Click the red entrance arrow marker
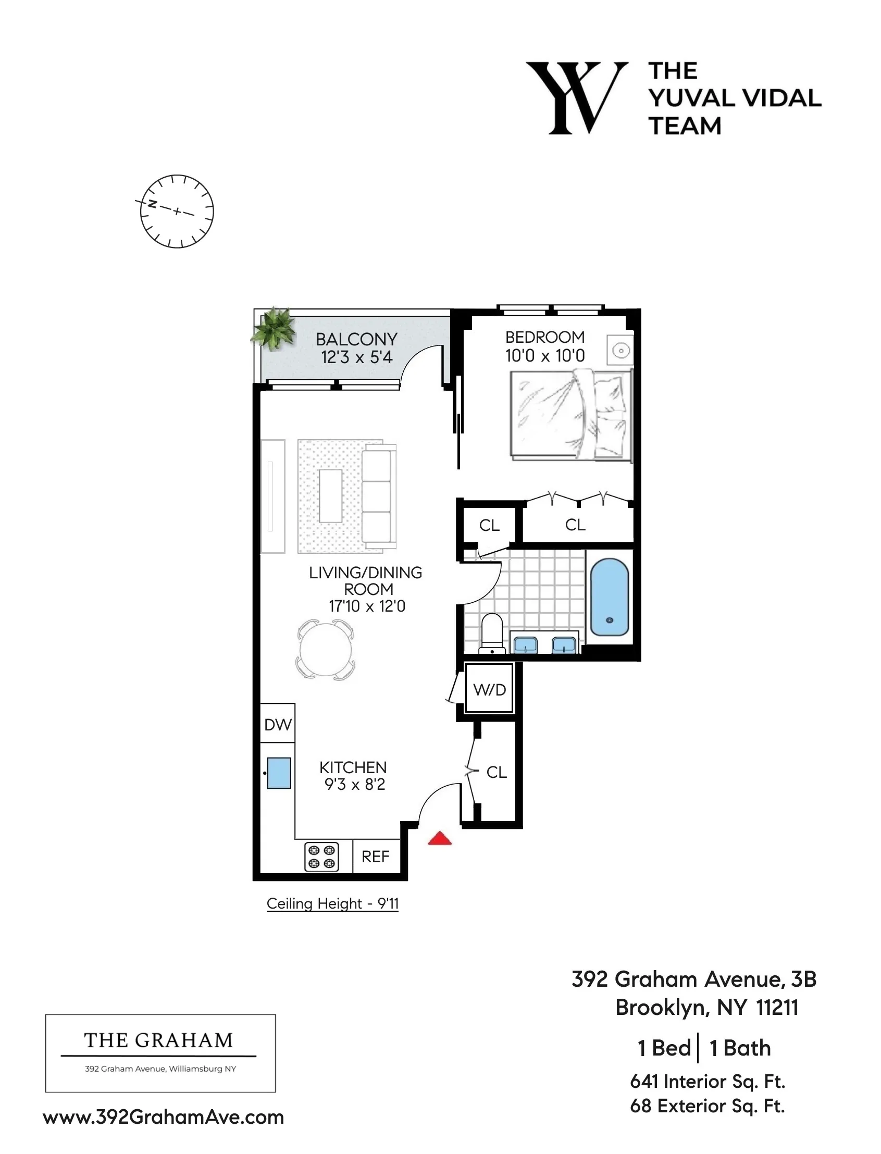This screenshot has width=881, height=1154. point(439,838)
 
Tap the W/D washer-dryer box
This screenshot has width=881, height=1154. point(489,689)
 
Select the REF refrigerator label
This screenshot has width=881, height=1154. point(376,856)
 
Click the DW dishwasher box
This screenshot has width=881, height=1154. point(277,724)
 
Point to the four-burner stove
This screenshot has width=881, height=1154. point(321,856)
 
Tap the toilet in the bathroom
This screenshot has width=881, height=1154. point(492,633)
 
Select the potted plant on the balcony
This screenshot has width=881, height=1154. point(274,328)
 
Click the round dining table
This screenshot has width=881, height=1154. point(325,650)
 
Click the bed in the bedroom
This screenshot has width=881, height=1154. point(570,415)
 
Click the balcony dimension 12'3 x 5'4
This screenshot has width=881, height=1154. point(356,357)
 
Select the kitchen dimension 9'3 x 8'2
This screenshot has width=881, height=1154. point(354,785)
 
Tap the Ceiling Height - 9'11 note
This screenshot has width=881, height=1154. point(332,903)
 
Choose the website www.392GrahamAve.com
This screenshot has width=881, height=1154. point(163,1117)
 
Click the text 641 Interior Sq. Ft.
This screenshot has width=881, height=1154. point(707,1081)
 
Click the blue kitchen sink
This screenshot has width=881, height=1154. point(279,773)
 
